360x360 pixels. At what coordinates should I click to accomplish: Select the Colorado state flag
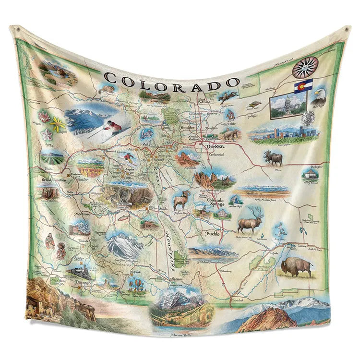click(303, 86)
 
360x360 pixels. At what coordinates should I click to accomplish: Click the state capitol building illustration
click(288, 105)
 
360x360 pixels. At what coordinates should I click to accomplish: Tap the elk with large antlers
click(251, 221)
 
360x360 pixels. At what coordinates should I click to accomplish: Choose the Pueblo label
click(213, 234)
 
